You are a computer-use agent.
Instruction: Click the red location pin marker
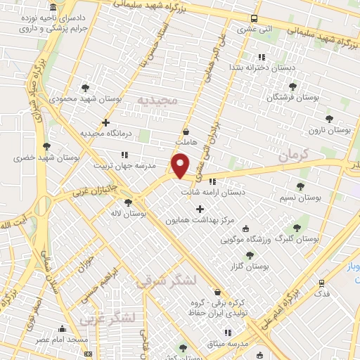181,165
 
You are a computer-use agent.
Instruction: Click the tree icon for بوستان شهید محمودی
86,88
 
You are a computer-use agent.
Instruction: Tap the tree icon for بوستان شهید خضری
46,146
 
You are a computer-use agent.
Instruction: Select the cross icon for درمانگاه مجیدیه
105,122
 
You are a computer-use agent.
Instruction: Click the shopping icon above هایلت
186,131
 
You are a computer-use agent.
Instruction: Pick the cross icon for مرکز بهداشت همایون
200,209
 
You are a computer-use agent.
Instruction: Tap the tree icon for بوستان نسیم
301,186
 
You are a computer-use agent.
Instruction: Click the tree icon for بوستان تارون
328,118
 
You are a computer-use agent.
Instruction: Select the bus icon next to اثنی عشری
255,19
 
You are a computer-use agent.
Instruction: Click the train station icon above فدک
322,283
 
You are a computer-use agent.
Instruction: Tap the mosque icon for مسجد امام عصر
62,328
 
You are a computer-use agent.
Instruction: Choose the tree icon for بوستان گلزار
250,255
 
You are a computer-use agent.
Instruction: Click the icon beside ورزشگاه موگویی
245,229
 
